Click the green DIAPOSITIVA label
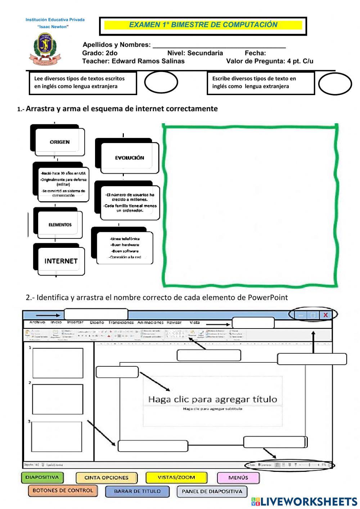[42, 478]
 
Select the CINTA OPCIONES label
[106, 478]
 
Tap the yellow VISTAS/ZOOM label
[176, 478]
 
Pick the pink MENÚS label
[238, 478]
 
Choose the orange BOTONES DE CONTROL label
[63, 491]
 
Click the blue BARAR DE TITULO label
[137, 491]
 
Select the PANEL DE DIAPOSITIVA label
[212, 491]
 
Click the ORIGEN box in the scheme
[60, 142]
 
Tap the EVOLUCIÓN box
[130, 158]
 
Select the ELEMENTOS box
[60, 225]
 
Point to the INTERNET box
[61, 261]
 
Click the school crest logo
[45, 49]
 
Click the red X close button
[326, 315]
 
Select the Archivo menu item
[37, 322]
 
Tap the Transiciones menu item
[121, 322]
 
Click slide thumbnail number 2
[58, 399]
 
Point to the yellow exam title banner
[203, 25]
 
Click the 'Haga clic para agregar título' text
[212, 399]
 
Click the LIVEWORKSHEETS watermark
[305, 502]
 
